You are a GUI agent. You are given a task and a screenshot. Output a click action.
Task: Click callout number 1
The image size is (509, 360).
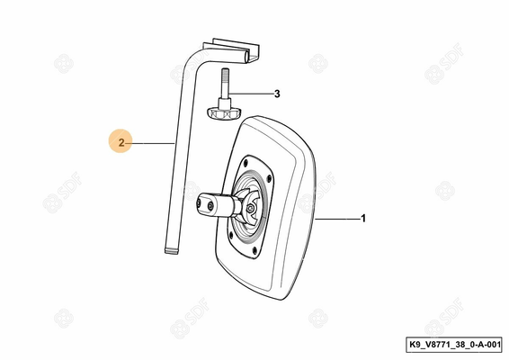363,219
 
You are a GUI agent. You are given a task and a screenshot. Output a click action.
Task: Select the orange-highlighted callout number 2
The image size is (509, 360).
121,142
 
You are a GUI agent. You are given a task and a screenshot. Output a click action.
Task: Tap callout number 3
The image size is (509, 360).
277,94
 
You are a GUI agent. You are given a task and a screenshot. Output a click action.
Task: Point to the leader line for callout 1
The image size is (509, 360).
337,220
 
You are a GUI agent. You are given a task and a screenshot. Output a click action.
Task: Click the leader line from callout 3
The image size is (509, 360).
250,94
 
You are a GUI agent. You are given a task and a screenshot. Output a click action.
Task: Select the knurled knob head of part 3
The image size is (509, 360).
223,114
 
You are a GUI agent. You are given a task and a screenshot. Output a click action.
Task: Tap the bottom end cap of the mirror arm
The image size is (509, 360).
172,251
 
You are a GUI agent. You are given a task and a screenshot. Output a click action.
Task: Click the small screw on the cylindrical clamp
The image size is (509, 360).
210,206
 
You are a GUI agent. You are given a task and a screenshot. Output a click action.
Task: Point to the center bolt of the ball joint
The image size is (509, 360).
250,209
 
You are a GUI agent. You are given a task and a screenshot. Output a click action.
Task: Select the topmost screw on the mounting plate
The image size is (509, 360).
246,162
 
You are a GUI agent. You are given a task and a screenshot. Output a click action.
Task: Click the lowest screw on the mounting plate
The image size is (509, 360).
254,250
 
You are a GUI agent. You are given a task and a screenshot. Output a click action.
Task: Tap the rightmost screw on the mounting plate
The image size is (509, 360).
269,177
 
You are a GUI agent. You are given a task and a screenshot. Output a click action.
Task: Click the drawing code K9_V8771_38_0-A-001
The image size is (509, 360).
454,345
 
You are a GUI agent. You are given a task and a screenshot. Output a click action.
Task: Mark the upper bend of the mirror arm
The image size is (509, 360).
192,58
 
